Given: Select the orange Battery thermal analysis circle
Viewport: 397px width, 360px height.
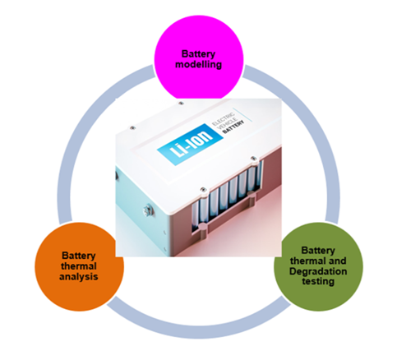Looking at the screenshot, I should tap(80, 265).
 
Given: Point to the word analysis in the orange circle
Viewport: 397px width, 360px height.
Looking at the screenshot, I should tap(79, 277).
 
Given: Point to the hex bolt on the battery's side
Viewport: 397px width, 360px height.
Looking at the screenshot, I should tap(147, 211).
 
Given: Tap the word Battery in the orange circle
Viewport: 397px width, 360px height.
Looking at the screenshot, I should tap(80, 254).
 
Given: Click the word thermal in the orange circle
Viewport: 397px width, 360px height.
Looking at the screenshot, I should tap(80, 265).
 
